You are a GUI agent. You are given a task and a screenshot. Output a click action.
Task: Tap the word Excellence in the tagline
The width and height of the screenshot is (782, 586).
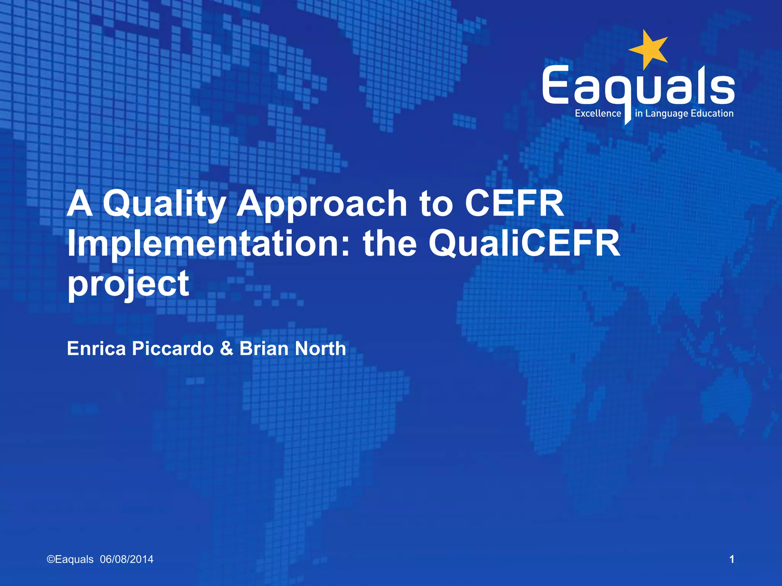click(x=598, y=114)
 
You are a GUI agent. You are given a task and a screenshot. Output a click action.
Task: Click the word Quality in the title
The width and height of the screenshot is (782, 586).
click(x=164, y=204)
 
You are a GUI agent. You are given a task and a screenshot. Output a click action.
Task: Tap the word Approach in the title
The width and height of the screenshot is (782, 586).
click(x=322, y=204)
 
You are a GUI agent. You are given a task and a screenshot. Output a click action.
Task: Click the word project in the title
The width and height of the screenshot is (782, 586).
click(x=128, y=284)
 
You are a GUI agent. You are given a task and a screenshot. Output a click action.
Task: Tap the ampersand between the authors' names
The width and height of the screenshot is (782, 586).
click(x=226, y=348)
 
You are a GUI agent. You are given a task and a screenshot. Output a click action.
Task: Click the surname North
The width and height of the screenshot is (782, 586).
click(x=320, y=348)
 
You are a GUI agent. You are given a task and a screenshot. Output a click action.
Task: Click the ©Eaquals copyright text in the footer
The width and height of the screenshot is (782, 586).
click(x=70, y=559)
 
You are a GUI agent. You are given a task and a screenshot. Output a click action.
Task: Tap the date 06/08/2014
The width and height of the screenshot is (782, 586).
click(x=127, y=559)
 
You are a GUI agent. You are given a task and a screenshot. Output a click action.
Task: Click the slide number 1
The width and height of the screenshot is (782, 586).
click(x=732, y=559)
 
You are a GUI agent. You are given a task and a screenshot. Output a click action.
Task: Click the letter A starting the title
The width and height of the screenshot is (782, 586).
click(x=80, y=204)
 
